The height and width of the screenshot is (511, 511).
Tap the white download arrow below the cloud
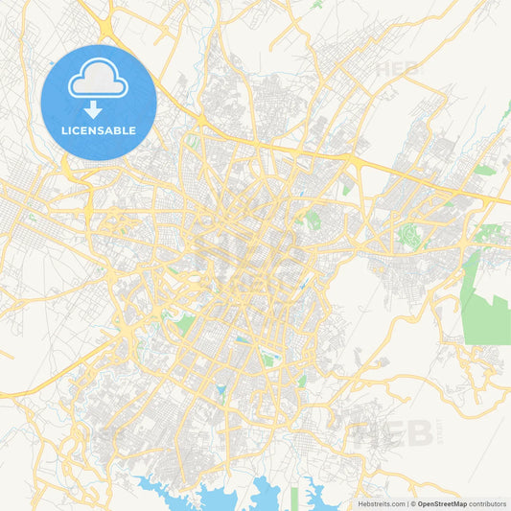click(99, 110)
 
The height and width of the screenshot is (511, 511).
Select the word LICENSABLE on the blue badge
click(99, 130)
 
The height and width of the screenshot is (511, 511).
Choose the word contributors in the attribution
click(488, 503)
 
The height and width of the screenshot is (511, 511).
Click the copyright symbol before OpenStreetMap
click(413, 503)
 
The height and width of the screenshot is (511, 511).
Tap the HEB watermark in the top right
click(398, 69)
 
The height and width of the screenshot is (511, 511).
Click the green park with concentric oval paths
click(411, 235)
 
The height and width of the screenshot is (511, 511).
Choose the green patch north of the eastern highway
click(485, 170)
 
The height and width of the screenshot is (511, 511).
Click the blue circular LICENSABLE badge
click(99, 103)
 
